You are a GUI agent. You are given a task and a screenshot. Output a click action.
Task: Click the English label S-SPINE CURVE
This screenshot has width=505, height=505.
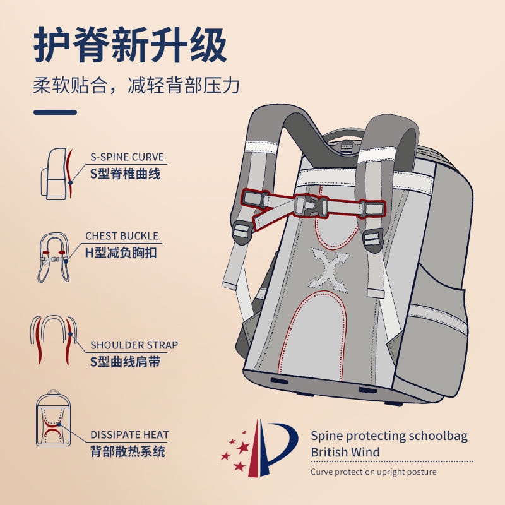point(127,157)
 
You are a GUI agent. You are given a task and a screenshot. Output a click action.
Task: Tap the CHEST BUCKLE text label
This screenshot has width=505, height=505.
point(122,235)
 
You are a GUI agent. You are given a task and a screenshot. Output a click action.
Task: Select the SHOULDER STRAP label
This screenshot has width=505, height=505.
point(134,345)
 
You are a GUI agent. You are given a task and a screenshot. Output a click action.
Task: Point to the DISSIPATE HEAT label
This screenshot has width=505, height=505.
point(129,434)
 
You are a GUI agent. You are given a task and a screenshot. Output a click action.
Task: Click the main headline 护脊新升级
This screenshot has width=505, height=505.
point(131,45)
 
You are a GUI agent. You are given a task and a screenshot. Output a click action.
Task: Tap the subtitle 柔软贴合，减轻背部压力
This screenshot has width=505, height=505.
point(136,86)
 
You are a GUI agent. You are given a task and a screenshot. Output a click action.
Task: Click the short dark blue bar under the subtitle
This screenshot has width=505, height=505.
point(55,112)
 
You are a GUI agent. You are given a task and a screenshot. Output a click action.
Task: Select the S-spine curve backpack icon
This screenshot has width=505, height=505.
point(57,174)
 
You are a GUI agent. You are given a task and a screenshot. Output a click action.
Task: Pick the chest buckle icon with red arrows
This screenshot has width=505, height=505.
point(54,257)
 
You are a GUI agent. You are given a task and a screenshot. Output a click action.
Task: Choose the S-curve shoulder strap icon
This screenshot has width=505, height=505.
point(54,339)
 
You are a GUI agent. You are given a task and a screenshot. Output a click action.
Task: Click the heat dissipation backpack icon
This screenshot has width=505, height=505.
point(54,418)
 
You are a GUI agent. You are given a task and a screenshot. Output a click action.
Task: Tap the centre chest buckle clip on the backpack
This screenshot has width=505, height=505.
point(310,206)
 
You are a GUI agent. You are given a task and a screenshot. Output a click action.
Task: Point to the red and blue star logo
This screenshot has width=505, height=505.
point(259,448)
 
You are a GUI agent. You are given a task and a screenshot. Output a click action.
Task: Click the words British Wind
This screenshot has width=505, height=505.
point(345,452)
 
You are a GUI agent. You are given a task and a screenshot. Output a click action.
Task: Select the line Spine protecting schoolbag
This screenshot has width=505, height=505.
point(389,436)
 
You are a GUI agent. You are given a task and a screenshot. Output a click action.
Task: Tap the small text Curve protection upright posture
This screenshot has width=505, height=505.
point(374,472)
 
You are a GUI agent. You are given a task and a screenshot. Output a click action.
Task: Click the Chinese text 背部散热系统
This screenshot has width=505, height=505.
point(128,451)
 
